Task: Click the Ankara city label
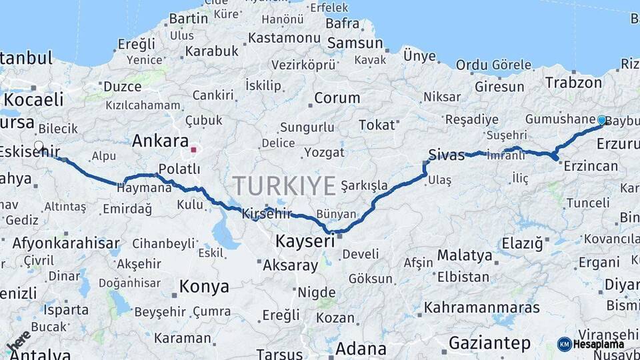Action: [x=160, y=141]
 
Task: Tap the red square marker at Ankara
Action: [x=194, y=150]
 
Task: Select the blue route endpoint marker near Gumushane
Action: [x=602, y=120]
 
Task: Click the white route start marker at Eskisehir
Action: [x=39, y=146]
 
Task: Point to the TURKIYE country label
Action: [x=284, y=185]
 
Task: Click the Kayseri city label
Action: [x=305, y=241]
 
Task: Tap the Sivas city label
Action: [x=446, y=155]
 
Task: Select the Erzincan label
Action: [x=591, y=165]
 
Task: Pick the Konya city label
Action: [x=203, y=287]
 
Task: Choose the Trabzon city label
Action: [x=573, y=83]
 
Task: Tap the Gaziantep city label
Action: [x=490, y=343]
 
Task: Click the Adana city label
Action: [x=361, y=348]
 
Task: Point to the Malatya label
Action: [x=465, y=255]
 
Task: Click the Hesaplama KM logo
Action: [x=591, y=344]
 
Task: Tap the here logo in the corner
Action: [x=19, y=341]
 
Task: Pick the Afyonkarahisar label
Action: [x=66, y=243]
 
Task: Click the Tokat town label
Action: [x=377, y=125]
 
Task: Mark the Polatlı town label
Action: [x=179, y=169]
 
